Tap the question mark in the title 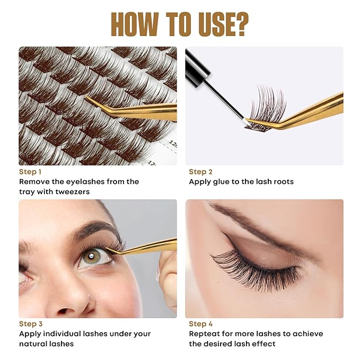click(240, 24)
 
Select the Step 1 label click(30, 172)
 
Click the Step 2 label click(200, 172)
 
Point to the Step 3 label click(31, 324)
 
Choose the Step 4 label click(201, 324)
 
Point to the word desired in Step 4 click(222, 344)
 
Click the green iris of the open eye click(89, 257)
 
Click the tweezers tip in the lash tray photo click(90, 99)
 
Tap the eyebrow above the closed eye click(249, 223)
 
